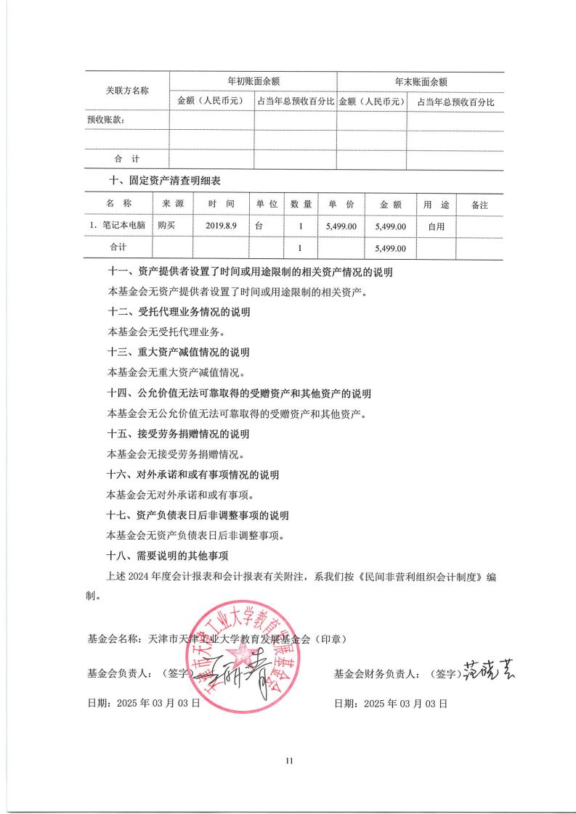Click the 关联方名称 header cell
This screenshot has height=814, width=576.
point(127,91)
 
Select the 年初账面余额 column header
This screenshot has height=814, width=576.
point(253,82)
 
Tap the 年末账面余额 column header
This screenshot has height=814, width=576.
point(421,82)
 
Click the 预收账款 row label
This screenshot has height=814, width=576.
point(105,120)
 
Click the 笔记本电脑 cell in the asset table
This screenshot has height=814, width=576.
point(118,226)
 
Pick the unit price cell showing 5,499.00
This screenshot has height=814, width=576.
point(341,226)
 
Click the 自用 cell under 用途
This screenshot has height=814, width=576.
point(436,226)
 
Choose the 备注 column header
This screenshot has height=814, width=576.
point(479,205)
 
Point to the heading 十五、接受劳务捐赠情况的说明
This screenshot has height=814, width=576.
point(178,435)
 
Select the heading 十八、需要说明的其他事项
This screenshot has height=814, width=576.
point(168,556)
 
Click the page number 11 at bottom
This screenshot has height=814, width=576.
point(288,760)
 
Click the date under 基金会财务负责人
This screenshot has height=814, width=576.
point(390,703)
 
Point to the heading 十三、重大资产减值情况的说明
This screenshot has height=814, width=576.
point(178,353)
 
